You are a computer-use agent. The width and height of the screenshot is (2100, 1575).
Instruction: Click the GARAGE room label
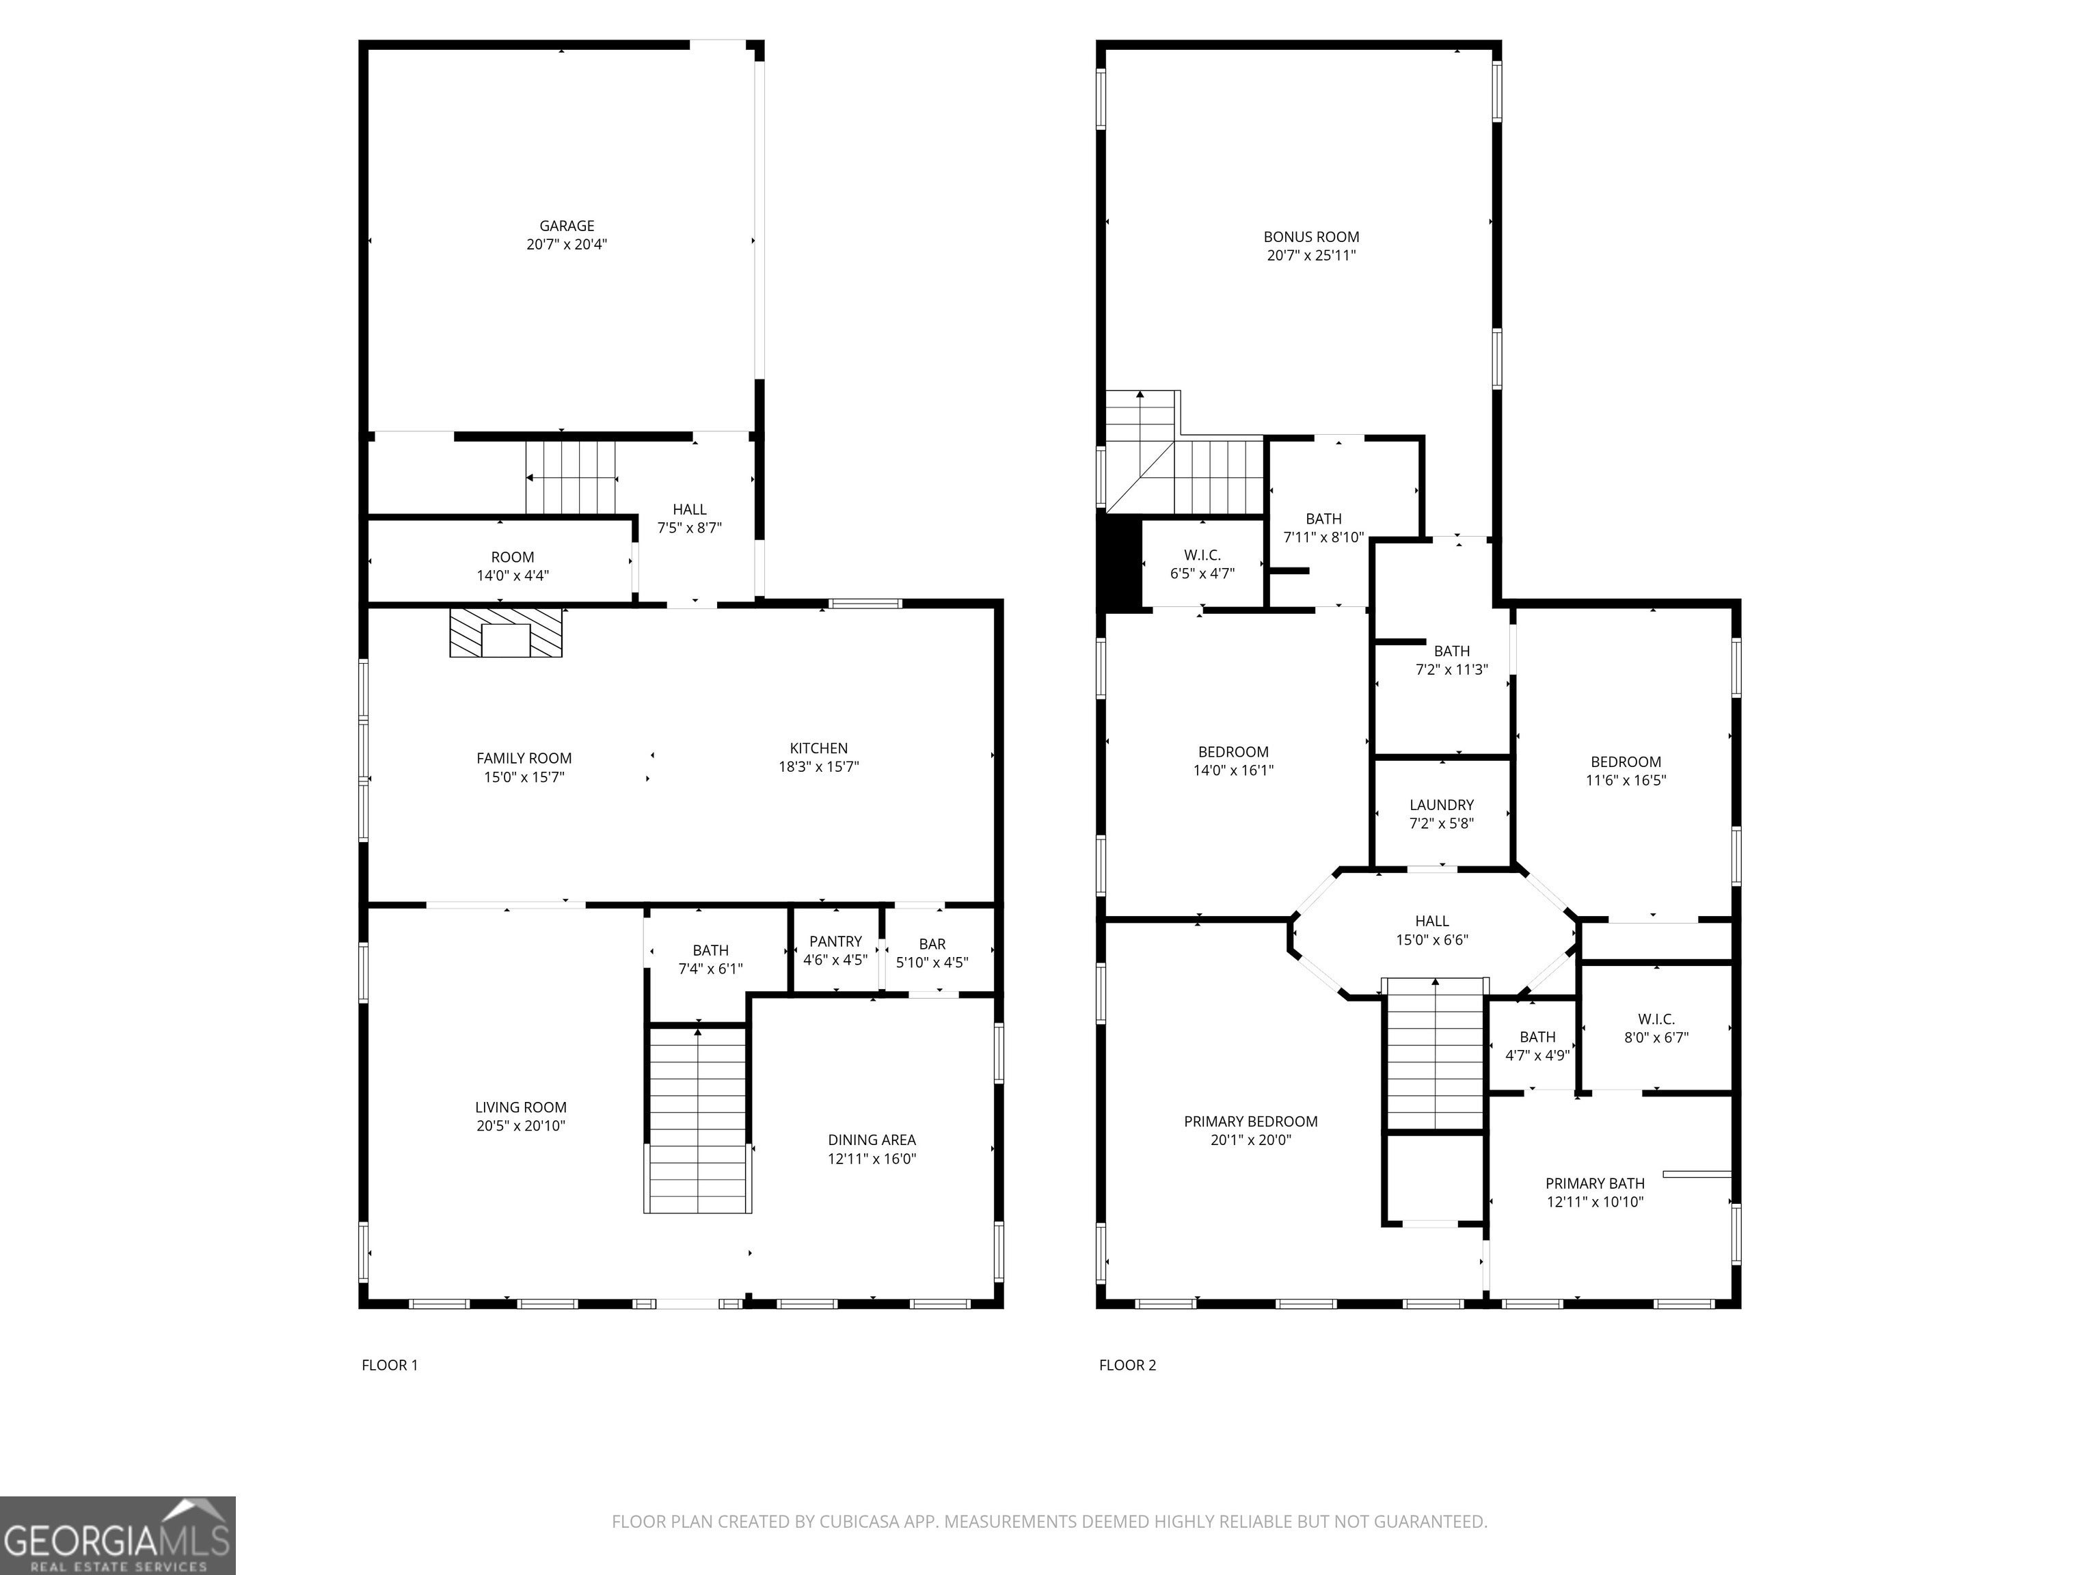567,226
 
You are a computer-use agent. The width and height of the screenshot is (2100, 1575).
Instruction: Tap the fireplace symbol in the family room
506,632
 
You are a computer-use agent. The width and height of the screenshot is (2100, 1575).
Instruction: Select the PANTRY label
835,942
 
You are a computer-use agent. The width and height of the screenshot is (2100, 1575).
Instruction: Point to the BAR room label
932,943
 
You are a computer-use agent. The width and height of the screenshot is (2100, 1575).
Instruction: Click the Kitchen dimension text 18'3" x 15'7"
818,767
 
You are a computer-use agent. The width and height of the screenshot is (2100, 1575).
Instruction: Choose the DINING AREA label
872,1140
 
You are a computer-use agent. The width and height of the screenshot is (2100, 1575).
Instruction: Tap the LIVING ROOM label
521,1107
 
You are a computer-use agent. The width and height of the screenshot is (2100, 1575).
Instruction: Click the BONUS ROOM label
1311,237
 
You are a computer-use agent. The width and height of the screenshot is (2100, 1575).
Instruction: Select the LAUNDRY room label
1441,805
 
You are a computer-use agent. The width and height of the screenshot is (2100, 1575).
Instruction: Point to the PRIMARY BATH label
1595,1183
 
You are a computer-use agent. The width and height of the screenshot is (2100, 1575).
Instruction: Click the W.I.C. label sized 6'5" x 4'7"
1202,555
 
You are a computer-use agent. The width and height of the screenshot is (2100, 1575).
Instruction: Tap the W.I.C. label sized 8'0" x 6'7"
1656,1020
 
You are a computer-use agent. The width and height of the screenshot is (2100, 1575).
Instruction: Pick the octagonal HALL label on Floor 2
1431,921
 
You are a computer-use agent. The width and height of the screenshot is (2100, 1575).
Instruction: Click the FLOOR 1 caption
389,1365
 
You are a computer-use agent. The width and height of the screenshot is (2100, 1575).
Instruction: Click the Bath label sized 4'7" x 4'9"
1537,1038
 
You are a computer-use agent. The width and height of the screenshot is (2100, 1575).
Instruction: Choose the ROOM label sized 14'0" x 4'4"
513,557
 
